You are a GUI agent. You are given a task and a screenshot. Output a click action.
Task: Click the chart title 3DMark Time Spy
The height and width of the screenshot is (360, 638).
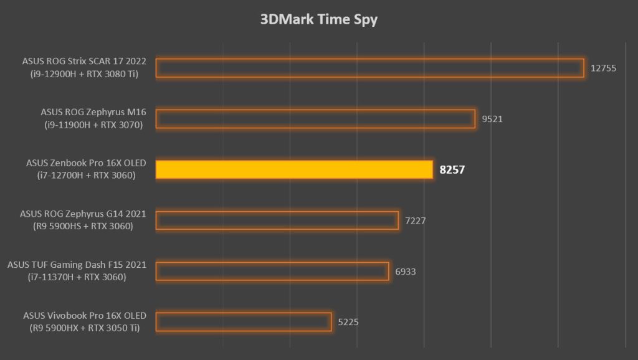click(318, 19)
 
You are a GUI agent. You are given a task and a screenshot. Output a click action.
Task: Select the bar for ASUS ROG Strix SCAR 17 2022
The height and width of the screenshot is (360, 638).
click(369, 68)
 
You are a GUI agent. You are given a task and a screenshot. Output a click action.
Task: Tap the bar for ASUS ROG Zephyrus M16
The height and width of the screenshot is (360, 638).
click(315, 119)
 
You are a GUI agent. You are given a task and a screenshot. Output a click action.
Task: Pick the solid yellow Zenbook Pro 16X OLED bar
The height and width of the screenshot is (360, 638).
click(294, 169)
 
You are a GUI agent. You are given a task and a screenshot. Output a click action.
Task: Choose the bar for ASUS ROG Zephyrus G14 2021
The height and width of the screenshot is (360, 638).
click(277, 220)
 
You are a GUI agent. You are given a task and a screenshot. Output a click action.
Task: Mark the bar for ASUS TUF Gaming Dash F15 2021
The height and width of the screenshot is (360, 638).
click(272, 271)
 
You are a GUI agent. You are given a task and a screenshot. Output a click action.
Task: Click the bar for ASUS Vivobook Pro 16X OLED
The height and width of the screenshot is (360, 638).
click(244, 322)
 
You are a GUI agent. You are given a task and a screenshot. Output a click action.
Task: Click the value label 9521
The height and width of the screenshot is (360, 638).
click(492, 119)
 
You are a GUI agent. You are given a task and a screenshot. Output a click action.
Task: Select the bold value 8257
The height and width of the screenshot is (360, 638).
click(453, 169)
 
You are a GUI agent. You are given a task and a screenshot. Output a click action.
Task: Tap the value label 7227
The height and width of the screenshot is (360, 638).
click(415, 220)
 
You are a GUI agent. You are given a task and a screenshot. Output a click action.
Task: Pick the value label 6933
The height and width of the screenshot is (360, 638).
click(406, 271)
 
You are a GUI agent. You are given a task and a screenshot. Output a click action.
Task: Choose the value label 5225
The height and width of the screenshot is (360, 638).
click(348, 322)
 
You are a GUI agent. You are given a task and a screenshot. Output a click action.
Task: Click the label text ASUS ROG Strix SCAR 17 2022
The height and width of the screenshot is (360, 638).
click(83, 62)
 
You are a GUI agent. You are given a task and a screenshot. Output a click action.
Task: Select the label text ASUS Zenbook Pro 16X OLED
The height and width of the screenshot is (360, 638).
click(86, 163)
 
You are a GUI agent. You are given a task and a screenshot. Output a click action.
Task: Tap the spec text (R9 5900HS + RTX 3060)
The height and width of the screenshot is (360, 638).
click(84, 226)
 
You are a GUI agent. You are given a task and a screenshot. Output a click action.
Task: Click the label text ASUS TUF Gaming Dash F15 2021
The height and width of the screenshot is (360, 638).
click(77, 265)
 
